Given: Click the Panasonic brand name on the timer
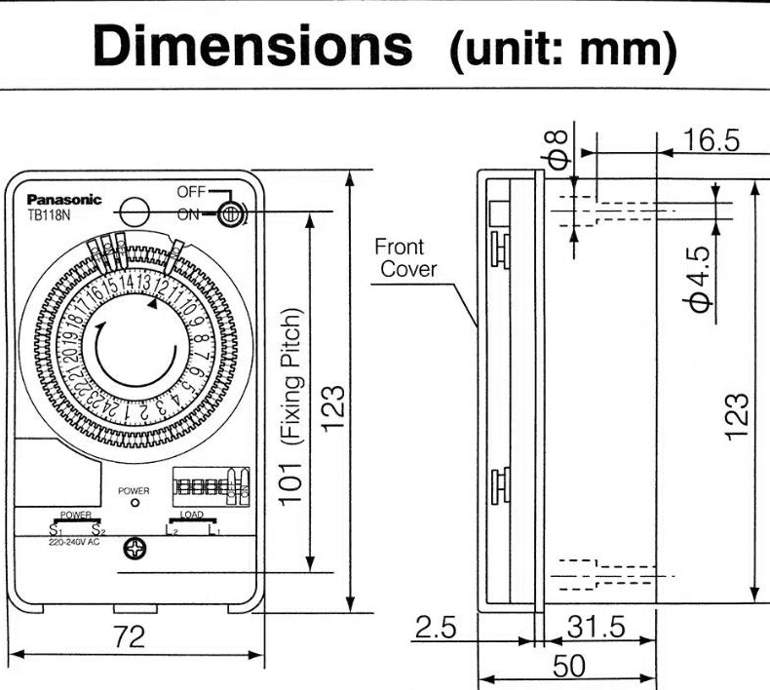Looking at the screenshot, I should pyautogui.click(x=63, y=200).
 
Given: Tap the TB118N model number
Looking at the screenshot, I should pyautogui.click(x=48, y=214).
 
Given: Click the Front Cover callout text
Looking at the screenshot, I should pyautogui.click(x=407, y=258).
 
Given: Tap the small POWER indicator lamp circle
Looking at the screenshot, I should pyautogui.click(x=133, y=507).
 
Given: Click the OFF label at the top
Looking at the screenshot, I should pyautogui.click(x=191, y=192).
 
